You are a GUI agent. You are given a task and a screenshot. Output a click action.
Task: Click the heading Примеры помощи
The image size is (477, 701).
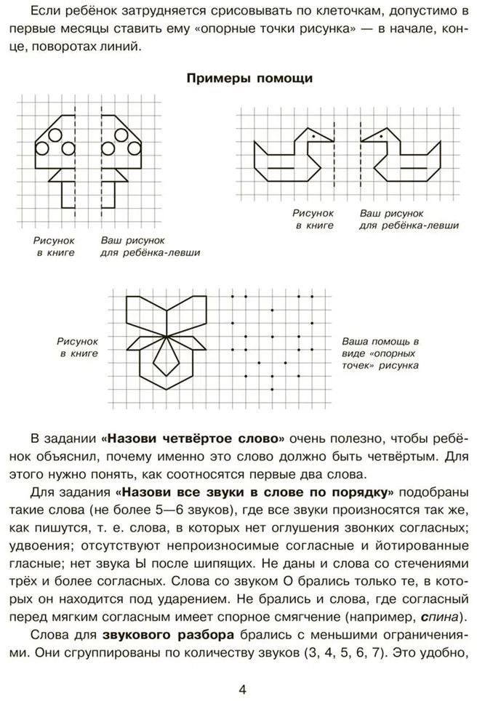pyautogui.click(x=238, y=79)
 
